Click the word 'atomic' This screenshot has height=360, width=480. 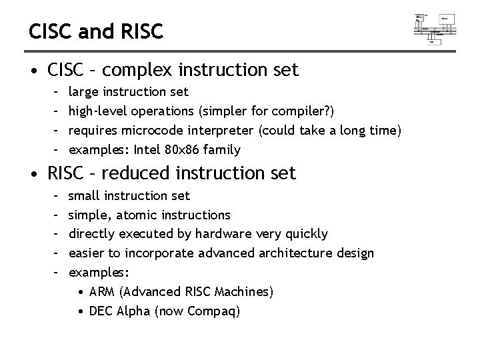coord(138,215)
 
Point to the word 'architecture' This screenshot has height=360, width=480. coord(297,253)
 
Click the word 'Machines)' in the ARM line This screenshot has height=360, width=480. coord(247,292)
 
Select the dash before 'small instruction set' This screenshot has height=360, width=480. coord(56,196)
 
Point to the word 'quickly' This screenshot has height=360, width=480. coord(307,234)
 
